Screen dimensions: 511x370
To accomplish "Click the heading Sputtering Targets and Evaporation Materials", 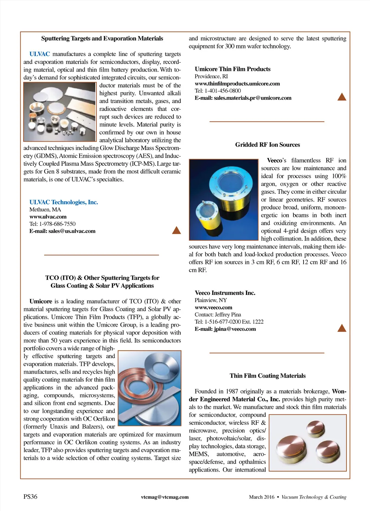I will coord(102,39).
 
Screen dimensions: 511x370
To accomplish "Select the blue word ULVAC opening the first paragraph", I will coord(39,54).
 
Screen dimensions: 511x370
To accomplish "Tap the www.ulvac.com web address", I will coord(48,217).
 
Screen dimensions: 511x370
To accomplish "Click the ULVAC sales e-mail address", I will coord(62,231).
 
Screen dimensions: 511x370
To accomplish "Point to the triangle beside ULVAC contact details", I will coord(176,231).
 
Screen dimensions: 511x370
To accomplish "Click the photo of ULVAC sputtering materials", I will coord(60,112).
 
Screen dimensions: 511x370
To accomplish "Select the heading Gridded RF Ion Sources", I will coord(267,145).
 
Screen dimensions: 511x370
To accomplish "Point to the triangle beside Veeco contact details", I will coord(341,328).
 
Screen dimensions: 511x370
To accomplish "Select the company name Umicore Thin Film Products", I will coord(232,69).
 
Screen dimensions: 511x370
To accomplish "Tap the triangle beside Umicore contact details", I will coord(341,97).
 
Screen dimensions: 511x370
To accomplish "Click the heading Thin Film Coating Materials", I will coord(267,376).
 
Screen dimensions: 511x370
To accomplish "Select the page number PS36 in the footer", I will coord(30,497).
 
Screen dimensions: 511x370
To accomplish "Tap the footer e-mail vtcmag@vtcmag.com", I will coord(165,497).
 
